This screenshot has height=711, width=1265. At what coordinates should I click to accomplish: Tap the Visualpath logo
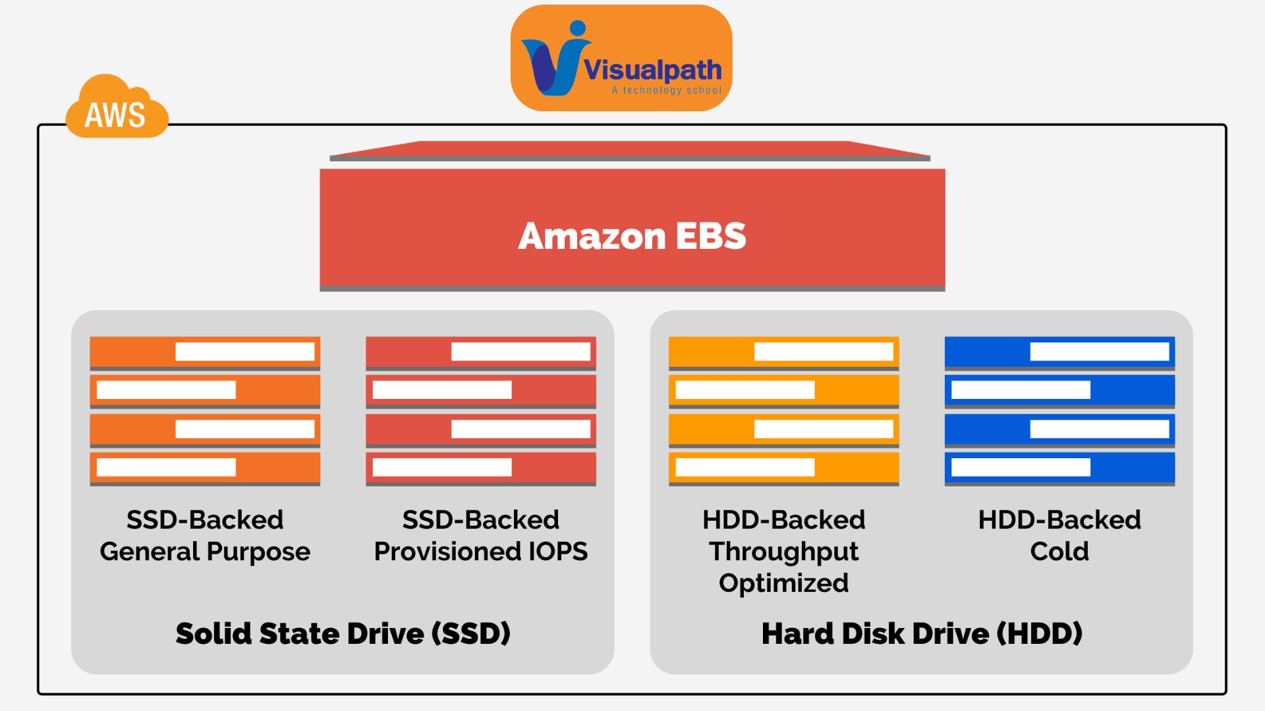click(621, 58)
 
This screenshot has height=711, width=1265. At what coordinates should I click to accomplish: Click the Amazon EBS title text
click(632, 236)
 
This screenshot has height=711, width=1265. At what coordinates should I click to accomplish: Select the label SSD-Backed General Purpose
click(205, 535)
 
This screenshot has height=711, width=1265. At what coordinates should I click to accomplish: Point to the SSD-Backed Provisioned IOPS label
click(480, 535)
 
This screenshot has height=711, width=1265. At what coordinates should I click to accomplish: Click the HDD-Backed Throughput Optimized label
click(783, 551)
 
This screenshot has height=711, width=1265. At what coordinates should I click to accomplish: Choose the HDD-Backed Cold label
click(1059, 535)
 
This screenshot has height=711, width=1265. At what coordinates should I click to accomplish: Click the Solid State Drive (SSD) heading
click(343, 633)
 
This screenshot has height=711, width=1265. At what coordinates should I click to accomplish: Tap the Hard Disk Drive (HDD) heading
click(922, 633)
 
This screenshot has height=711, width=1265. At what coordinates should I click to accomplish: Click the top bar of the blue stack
click(1059, 352)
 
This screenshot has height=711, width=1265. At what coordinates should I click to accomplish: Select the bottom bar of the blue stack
click(1059, 468)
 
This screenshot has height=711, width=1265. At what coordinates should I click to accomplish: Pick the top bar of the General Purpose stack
click(205, 352)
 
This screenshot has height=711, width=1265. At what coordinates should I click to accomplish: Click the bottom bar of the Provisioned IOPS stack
click(480, 468)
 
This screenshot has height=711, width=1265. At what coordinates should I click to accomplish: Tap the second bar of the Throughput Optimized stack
click(783, 390)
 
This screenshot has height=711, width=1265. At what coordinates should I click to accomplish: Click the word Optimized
click(783, 583)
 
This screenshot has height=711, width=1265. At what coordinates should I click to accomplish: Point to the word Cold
click(1059, 552)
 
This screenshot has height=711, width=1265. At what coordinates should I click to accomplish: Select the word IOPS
click(558, 552)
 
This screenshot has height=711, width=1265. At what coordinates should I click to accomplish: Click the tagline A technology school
click(666, 90)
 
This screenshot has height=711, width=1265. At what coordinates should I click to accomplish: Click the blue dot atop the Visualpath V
click(578, 28)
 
